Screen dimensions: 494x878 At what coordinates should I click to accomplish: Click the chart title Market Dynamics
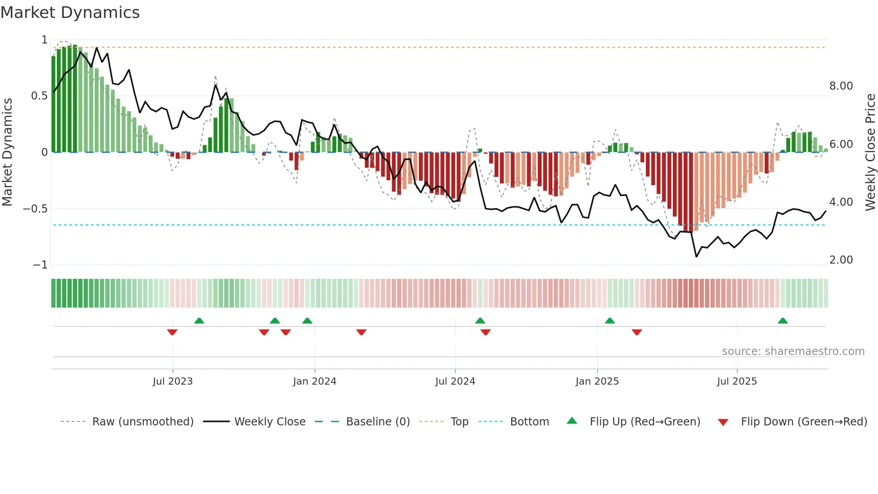pos(70,13)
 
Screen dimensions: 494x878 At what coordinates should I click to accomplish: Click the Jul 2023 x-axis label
pos(172,381)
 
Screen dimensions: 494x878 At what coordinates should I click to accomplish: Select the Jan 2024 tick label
pos(314,381)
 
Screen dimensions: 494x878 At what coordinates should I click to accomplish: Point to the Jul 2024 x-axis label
pos(455,381)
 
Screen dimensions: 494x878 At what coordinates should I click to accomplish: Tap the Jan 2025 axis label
pos(597,381)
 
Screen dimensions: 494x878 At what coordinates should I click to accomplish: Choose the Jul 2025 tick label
pos(737,381)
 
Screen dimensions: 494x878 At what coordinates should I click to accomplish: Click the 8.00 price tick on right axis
pos(841,86)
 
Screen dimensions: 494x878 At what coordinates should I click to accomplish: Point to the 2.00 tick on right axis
pos(841,260)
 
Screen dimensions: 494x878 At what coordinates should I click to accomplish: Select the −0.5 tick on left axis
pos(35,209)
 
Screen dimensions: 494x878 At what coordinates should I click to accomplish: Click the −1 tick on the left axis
pos(40,265)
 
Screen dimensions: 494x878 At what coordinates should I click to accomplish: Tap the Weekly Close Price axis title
pos(870,152)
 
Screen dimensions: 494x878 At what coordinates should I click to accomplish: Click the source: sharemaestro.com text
pos(793,351)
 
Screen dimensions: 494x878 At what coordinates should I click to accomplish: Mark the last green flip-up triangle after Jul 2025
pos(783,321)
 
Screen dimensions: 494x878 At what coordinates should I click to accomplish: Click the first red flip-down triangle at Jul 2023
pos(172,332)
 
